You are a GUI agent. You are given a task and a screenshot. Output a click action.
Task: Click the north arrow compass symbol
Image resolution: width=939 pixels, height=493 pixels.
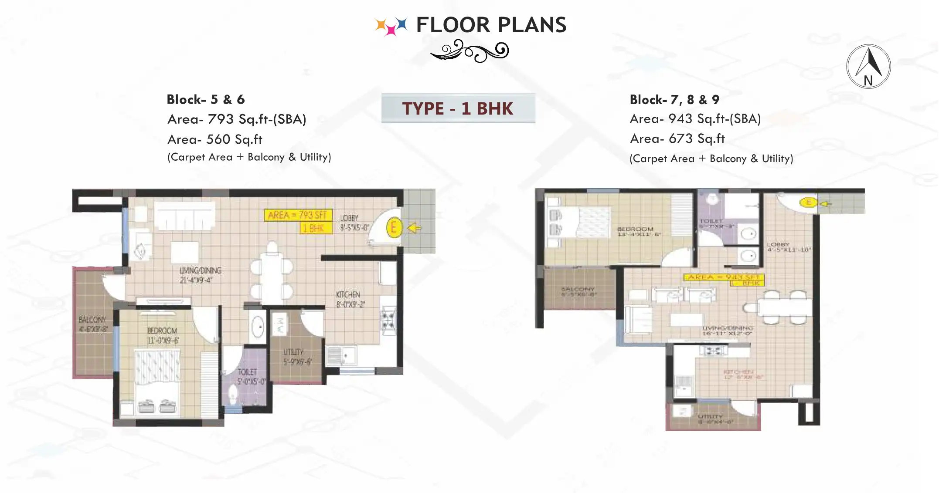pos(868,67)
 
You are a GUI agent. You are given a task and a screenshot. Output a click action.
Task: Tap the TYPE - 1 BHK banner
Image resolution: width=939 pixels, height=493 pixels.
pos(458,108)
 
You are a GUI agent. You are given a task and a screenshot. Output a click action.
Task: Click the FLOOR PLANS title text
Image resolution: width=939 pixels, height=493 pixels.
pos(491,25)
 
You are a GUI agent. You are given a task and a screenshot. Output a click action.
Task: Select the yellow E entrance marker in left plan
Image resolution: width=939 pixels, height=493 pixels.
pos(393,227)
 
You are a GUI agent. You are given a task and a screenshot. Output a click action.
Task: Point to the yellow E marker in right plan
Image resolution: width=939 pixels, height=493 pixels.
pos(808,203)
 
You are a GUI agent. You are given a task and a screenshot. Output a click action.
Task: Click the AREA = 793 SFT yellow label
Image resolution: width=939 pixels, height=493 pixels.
pos(297,215)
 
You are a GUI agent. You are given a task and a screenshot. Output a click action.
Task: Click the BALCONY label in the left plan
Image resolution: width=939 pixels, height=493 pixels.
pos(92,324)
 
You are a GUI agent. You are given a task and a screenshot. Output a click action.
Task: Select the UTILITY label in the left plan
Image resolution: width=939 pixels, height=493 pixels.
pos(294,356)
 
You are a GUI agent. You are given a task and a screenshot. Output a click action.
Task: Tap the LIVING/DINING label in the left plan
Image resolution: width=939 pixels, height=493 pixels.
pos(200,275)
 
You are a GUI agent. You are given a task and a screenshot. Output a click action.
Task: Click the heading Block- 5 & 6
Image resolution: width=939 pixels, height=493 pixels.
pos(205,99)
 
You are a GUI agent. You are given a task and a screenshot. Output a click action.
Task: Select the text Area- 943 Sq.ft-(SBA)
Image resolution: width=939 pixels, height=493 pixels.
pos(695,118)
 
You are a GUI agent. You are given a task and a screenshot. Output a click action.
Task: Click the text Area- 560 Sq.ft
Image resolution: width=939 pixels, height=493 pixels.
pos(214,139)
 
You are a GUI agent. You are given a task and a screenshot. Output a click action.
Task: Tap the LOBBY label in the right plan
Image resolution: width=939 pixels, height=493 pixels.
pos(787,247)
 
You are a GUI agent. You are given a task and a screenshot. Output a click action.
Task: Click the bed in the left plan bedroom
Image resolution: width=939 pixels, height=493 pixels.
pos(157,379)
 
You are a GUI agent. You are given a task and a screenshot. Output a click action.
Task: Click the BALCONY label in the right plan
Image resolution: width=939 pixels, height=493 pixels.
pos(578,291)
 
